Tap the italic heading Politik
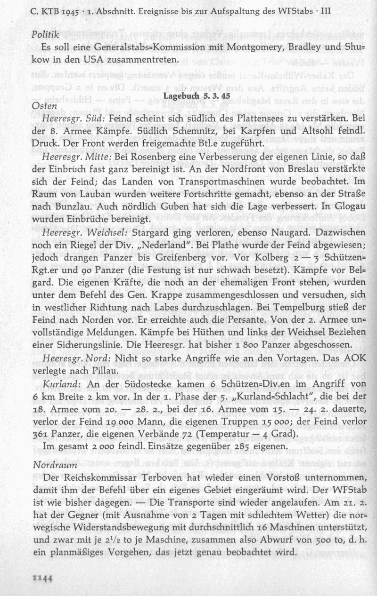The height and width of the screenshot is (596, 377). click(x=45, y=35)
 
